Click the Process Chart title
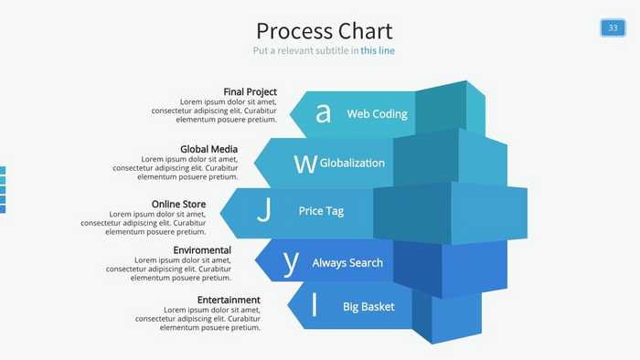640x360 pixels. click(324, 31)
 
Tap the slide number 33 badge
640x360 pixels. click(613, 27)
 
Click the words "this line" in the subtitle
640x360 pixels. click(378, 51)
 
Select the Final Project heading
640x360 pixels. click(250, 91)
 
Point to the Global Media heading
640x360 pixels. click(208, 149)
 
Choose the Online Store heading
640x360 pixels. click(178, 204)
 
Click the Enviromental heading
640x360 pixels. click(202, 249)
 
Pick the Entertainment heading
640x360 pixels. click(229, 300)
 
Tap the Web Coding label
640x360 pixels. click(377, 114)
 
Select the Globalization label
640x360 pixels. click(352, 163)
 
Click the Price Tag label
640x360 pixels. click(321, 211)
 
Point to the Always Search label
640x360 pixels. click(347, 262)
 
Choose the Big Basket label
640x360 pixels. click(368, 307)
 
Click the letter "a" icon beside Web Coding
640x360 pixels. click(322, 113)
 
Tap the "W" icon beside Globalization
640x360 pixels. click(304, 163)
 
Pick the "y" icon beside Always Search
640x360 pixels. click(291, 262)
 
